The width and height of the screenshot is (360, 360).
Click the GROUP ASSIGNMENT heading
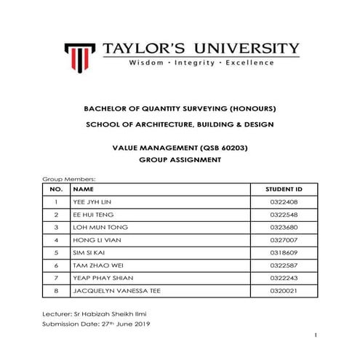(x=179, y=160)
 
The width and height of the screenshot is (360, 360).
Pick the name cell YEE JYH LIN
(x=92, y=201)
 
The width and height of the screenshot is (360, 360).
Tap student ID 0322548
(x=279, y=215)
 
